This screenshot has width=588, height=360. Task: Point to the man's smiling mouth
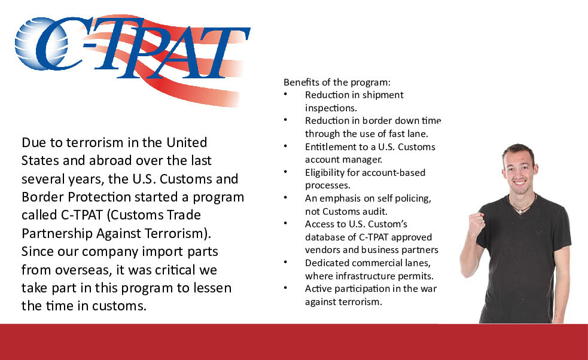click(x=520, y=182)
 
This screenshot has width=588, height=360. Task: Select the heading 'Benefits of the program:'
click(x=337, y=82)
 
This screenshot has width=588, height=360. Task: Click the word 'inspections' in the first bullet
click(x=330, y=108)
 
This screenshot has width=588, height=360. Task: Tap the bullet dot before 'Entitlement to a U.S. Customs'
click(x=285, y=146)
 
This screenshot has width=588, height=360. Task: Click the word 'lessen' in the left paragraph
click(x=212, y=288)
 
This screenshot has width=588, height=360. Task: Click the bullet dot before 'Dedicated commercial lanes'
click(x=285, y=262)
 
